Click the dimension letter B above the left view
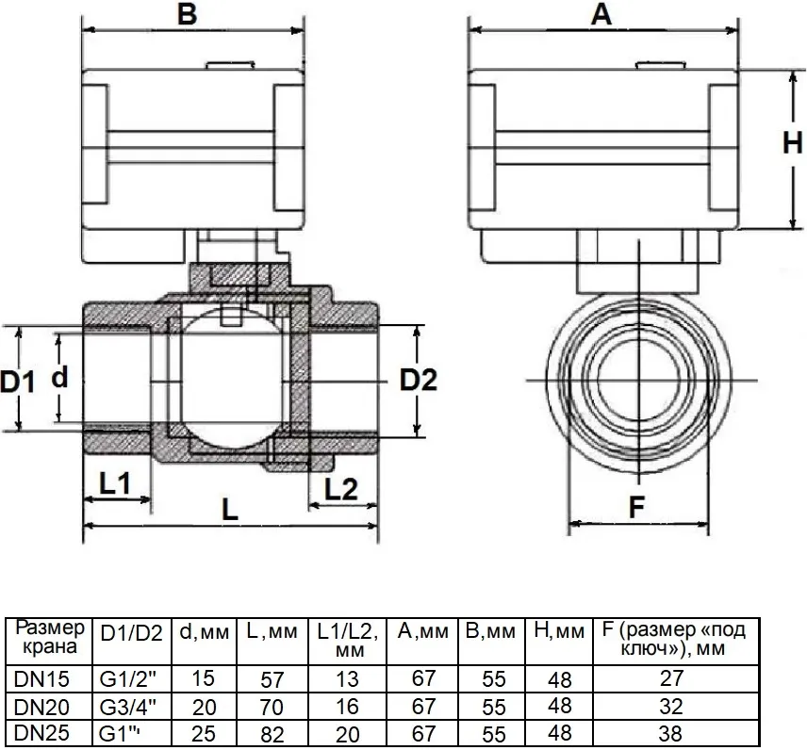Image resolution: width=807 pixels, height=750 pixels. [188, 14]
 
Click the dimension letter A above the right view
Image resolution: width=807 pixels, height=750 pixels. [601, 14]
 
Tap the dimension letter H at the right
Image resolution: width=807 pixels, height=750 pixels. [793, 142]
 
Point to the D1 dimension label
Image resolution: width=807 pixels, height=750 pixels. [17, 382]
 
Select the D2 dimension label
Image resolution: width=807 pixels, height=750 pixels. [419, 381]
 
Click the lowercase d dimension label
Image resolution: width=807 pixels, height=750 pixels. [59, 376]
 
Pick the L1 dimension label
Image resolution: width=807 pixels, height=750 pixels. [115, 483]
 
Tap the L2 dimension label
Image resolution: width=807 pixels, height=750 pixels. [340, 489]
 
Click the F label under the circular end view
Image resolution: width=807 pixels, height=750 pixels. [636, 507]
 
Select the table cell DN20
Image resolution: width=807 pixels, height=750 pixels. [41, 708]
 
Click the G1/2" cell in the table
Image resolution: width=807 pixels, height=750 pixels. [127, 679]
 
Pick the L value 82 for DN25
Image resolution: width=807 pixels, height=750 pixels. [272, 735]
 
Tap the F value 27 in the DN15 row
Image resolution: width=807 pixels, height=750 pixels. [671, 678]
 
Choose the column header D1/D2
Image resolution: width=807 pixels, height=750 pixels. [132, 633]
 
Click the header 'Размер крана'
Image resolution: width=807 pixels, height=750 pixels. [49, 637]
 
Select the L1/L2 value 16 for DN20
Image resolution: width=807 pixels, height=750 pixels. [347, 707]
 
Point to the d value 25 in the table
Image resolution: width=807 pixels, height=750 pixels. [204, 734]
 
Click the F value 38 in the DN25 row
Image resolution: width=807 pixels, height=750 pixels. [670, 734]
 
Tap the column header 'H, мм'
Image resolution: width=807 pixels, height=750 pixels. [559, 631]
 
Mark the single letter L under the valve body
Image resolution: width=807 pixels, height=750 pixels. [230, 510]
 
